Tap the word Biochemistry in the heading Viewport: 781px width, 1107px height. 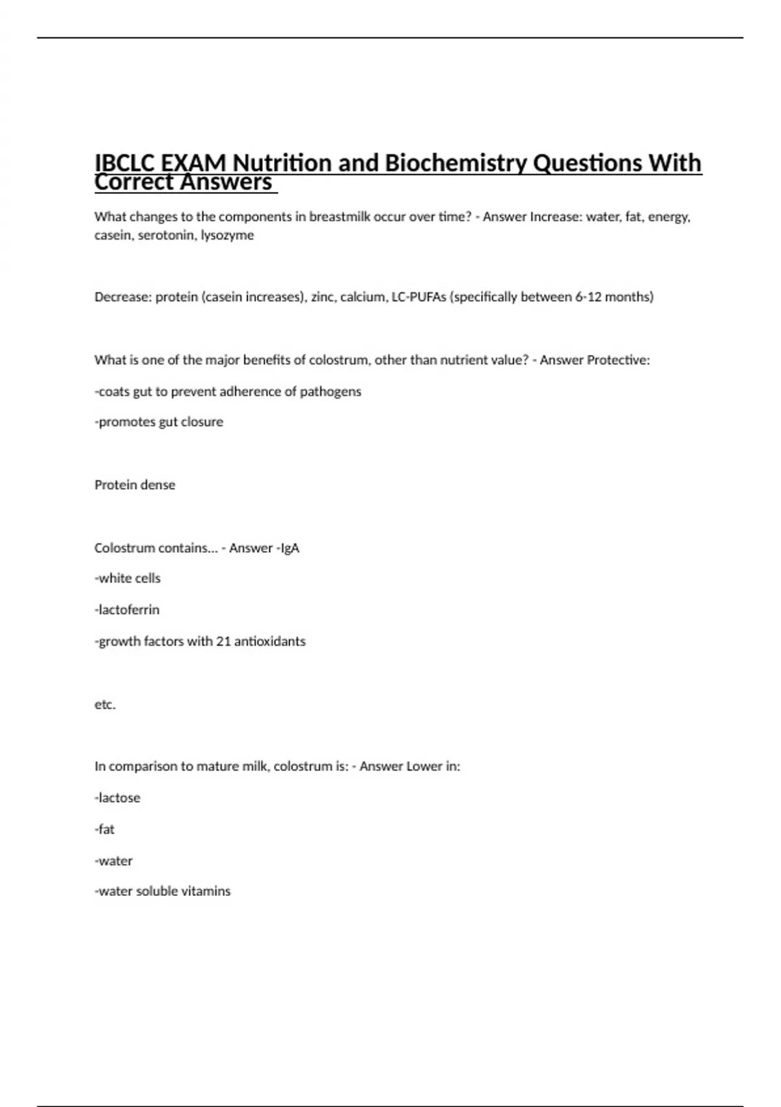[x=456, y=163]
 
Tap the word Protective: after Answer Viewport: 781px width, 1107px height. [x=618, y=360]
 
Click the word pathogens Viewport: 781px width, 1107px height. [x=330, y=391]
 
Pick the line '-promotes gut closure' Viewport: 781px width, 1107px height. [x=159, y=422]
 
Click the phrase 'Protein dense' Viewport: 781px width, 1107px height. [x=135, y=485]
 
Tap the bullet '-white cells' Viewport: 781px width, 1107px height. [x=128, y=578]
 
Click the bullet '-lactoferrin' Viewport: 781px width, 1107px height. [x=127, y=610]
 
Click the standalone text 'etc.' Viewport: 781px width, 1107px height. [x=105, y=705]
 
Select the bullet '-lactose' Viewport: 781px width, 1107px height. [x=117, y=798]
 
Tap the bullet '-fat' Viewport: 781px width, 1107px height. [x=104, y=830]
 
